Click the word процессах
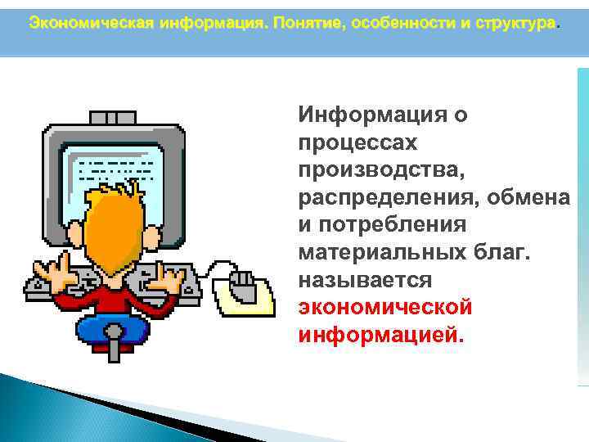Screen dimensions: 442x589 (358, 142)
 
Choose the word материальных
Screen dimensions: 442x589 (379, 252)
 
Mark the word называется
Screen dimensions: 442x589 (364, 280)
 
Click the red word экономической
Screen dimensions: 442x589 (385, 308)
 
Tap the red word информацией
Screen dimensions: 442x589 (380, 335)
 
